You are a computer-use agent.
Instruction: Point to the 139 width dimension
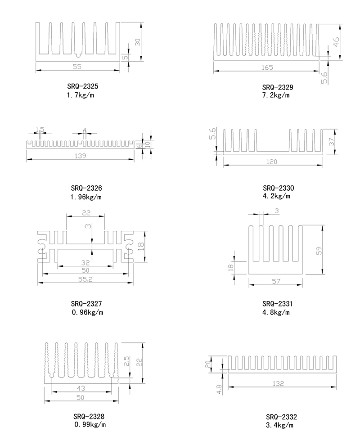point(80,156)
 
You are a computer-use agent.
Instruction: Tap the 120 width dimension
point(272,162)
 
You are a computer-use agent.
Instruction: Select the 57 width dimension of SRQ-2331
point(276,281)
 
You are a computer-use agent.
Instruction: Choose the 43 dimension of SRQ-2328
point(81,388)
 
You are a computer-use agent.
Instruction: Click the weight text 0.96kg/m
point(87,313)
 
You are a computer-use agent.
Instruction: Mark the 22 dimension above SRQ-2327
point(86,212)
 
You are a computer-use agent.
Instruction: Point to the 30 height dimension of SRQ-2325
point(138,41)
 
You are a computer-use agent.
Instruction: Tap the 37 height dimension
point(332,141)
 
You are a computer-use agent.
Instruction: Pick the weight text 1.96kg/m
point(86,197)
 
